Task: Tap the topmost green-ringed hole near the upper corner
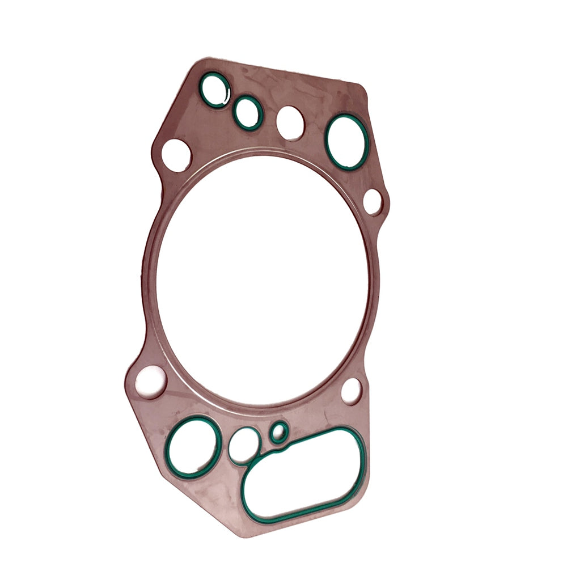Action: click(215, 90)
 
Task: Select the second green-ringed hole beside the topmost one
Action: click(248, 112)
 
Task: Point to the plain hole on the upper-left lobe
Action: click(176, 155)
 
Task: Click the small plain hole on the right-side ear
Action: click(373, 202)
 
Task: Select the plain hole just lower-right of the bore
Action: click(351, 391)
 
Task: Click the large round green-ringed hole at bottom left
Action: click(193, 446)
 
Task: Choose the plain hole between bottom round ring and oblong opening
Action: click(244, 446)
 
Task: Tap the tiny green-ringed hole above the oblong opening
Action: click(278, 433)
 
